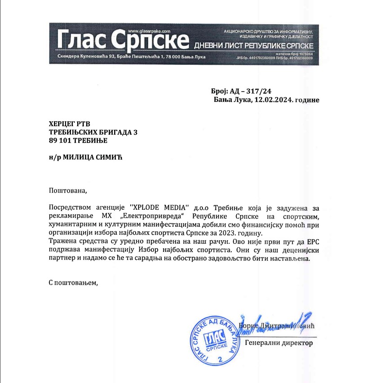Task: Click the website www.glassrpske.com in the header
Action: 150,30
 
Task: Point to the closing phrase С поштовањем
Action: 73,283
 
